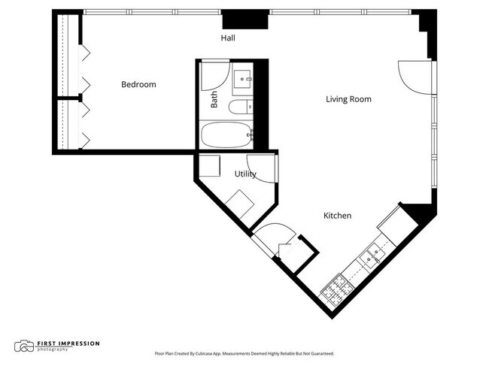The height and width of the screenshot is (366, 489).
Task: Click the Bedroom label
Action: [138, 84]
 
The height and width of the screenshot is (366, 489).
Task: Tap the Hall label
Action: [228, 38]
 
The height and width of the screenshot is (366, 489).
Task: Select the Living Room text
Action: [348, 99]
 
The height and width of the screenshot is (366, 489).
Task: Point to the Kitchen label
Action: [338, 216]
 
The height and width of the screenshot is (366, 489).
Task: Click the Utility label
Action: [245, 174]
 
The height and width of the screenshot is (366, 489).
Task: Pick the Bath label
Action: [214, 99]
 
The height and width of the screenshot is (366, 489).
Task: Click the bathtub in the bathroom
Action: [226, 135]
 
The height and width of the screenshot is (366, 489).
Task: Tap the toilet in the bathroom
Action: [241, 107]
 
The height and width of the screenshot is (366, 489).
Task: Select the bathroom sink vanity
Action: [242, 79]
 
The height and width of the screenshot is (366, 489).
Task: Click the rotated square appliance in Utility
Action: [239, 204]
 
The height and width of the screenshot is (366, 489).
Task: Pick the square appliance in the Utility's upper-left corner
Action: [210, 165]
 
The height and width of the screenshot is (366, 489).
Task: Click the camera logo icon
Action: [24, 346]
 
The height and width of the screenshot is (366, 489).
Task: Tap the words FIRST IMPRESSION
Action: [68, 343]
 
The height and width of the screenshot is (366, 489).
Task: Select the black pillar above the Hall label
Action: [245, 20]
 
